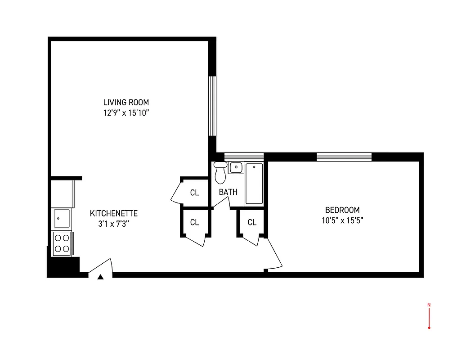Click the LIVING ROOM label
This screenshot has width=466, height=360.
point(126,102)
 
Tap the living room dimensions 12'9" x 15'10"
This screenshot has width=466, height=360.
point(126,113)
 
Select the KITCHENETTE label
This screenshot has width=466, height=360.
point(114,213)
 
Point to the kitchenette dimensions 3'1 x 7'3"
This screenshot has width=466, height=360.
point(114,224)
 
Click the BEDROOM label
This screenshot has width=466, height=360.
point(342,210)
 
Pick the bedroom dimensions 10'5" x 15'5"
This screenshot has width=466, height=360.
point(342,220)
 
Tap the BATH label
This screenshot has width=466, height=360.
point(228,192)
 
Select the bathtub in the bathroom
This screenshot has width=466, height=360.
point(254,184)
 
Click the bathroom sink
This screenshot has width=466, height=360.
point(236,168)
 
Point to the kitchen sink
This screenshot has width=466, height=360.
point(62,219)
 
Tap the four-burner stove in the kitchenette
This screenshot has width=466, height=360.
point(62,243)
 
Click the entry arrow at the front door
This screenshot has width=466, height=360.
point(101,277)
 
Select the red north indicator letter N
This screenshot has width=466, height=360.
point(429,305)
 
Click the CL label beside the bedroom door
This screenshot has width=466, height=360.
point(252,222)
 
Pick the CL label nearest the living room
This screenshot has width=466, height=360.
point(194,193)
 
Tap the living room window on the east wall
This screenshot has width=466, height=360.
point(212,106)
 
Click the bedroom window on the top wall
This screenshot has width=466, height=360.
point(344,157)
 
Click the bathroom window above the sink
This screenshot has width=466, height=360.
point(243,156)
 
